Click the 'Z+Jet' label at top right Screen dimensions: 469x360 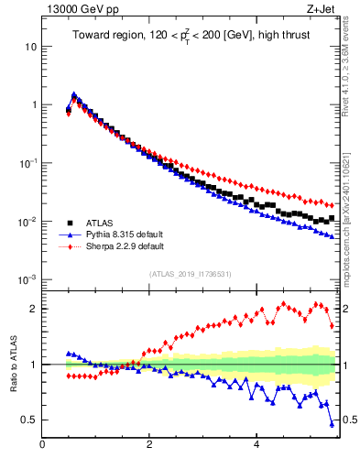click(x=321, y=10)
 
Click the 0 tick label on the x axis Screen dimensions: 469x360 click(x=43, y=444)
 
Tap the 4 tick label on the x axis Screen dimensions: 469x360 click(x=256, y=444)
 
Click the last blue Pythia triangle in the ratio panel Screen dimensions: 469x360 click(x=332, y=423)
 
